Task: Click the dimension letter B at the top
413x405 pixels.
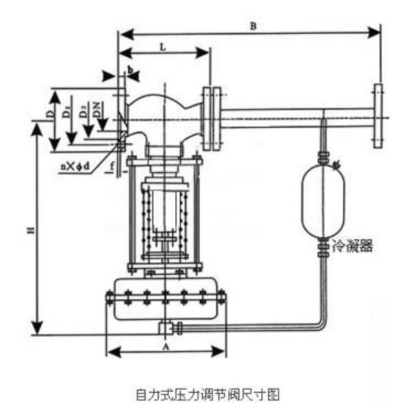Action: point(253,26)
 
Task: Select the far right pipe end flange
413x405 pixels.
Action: point(377,116)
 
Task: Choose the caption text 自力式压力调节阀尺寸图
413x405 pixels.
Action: point(207,394)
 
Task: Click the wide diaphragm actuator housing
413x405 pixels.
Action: point(165,298)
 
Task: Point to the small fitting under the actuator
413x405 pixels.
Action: point(166,326)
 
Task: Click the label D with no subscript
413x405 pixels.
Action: point(50,109)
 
